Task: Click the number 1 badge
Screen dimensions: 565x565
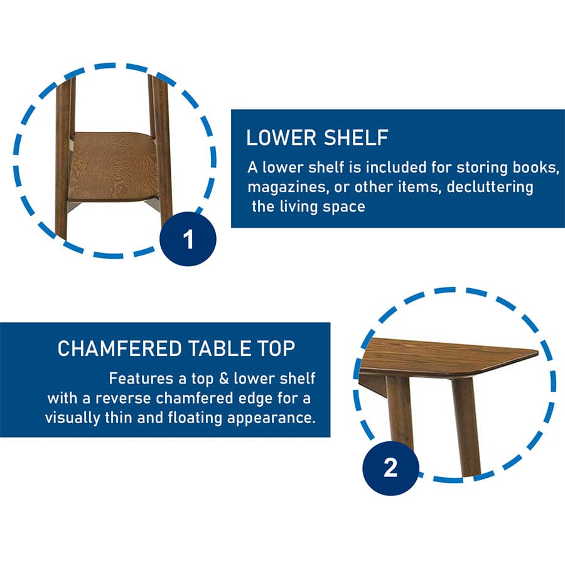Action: (x=188, y=239)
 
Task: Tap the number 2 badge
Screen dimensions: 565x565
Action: (x=390, y=468)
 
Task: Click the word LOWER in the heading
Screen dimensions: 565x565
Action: (x=281, y=137)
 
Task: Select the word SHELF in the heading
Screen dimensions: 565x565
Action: (x=356, y=137)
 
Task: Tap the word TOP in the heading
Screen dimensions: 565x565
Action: (x=276, y=348)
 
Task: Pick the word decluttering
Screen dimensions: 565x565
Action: (x=490, y=187)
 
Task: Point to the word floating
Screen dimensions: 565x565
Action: (x=195, y=418)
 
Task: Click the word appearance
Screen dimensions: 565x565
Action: (x=271, y=419)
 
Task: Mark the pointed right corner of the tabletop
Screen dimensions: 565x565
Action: (x=537, y=351)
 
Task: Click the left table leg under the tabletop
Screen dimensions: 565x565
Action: (x=399, y=411)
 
